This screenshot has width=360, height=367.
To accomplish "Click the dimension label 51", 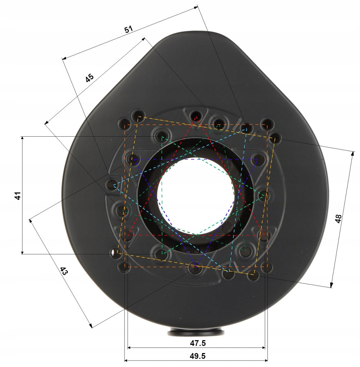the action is (128, 29).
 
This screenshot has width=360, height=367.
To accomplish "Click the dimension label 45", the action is (89, 78).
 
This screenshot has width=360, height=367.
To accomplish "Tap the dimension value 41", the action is (18, 195).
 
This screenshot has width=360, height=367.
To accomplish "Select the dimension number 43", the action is (64, 271).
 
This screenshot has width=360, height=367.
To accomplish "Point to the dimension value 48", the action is (338, 219).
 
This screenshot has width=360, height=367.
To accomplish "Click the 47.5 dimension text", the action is (198, 343).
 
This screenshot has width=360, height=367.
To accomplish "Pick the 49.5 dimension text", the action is (198, 356).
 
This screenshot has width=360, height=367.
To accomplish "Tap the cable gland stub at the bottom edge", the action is (196, 332).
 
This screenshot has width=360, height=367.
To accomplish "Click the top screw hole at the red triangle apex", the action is (196, 116).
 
